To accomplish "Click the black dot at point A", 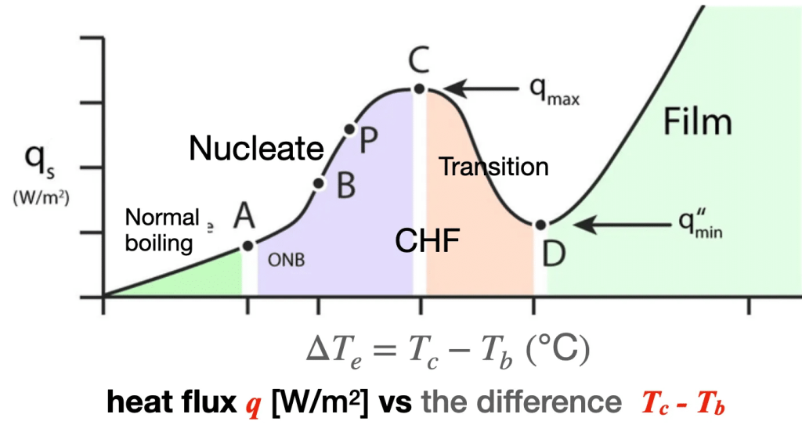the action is pos(247,246).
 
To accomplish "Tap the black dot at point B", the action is pos(319,183).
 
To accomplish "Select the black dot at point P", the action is pos(349,129).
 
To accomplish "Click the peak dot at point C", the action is pos(420,89).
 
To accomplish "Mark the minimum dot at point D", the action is pos(540,225).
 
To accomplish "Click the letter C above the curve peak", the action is pos(418,60).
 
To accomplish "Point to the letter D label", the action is pos(554,254).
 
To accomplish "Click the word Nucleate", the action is pos(256,148).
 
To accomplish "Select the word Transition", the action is pos(493,167).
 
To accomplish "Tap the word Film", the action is pos(697,122).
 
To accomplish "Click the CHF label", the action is pos(428,240).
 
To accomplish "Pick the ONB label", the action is pos(287,261).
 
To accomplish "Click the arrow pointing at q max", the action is pos(482,89).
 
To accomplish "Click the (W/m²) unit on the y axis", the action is pos(41,197).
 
